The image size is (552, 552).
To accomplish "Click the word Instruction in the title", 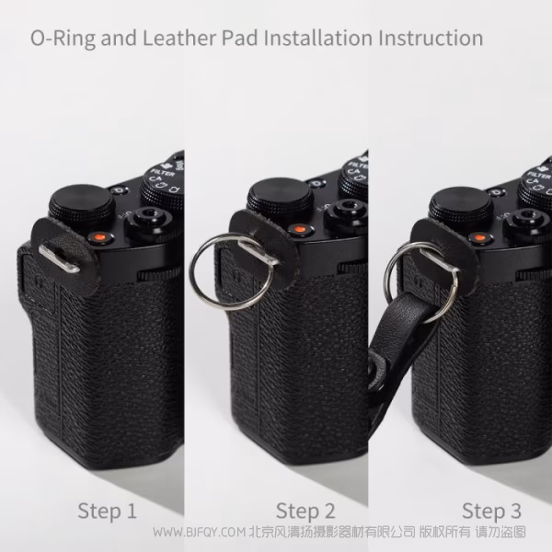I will (430, 39).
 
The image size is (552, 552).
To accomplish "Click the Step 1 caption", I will (107, 511).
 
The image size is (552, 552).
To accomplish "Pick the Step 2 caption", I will (305, 511).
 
